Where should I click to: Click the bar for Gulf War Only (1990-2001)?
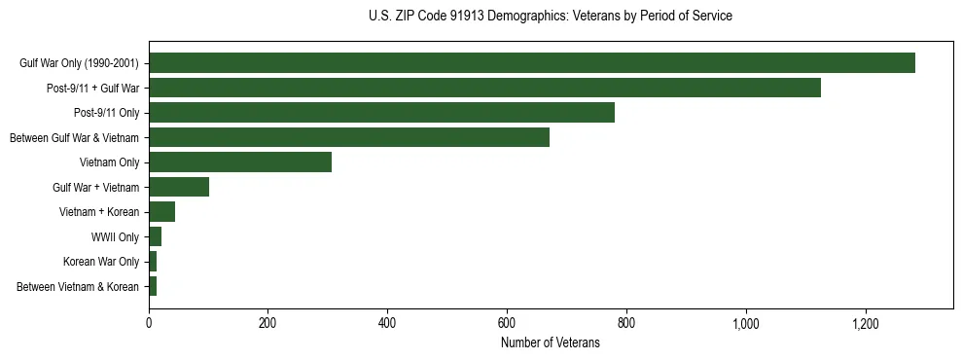click(532, 63)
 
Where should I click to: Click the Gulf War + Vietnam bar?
click(179, 187)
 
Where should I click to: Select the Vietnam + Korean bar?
click(161, 212)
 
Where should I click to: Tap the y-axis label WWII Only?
click(116, 236)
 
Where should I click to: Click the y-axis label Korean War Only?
click(101, 262)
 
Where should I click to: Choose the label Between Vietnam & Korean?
click(78, 286)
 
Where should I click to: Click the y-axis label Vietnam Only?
click(109, 162)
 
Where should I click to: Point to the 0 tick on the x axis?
click(149, 323)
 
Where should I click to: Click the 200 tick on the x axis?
click(268, 323)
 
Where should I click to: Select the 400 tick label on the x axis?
click(387, 323)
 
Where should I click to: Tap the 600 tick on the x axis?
click(507, 323)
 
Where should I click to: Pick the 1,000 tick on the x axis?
click(746, 323)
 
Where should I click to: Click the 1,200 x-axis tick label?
click(865, 323)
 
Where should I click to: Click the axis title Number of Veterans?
click(551, 342)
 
